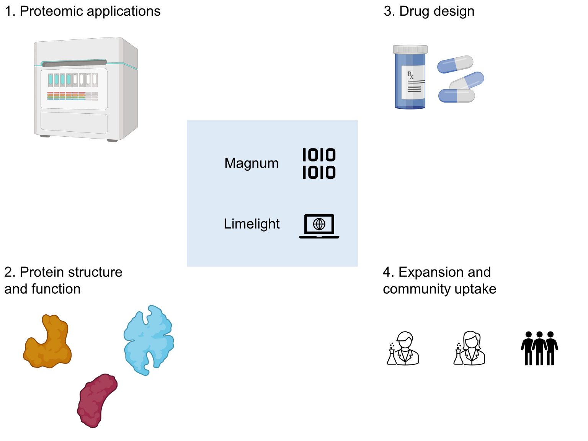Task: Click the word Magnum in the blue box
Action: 251,163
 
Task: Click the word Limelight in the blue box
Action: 252,224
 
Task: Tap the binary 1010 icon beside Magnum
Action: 319,164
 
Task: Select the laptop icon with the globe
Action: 319,226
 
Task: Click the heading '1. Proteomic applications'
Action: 82,11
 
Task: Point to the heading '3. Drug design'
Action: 429,11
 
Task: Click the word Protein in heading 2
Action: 42,272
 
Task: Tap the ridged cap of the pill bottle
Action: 410,49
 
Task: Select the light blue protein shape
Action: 149,340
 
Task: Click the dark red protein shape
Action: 97,400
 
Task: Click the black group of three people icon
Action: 539,348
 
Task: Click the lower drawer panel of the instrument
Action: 74,122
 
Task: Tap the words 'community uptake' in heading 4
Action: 439,289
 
